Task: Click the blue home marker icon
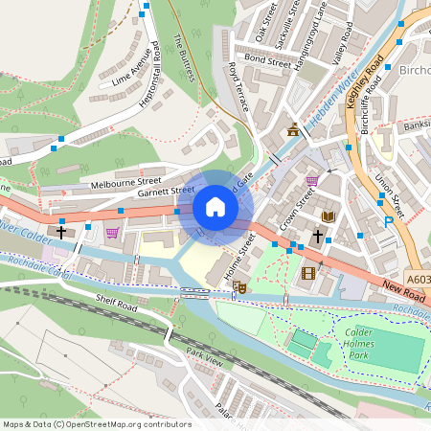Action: coord(215,207)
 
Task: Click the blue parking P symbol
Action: coord(388,220)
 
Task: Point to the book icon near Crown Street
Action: coord(329,216)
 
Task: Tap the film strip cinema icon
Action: coord(307,273)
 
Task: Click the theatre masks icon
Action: coord(240,286)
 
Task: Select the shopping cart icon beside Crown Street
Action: coord(312,180)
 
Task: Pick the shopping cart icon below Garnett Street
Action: coord(112,232)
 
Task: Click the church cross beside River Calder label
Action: coord(62,232)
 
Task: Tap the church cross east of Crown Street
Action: coord(317,236)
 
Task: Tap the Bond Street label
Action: coord(266,60)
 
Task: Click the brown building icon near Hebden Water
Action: coord(293,129)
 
